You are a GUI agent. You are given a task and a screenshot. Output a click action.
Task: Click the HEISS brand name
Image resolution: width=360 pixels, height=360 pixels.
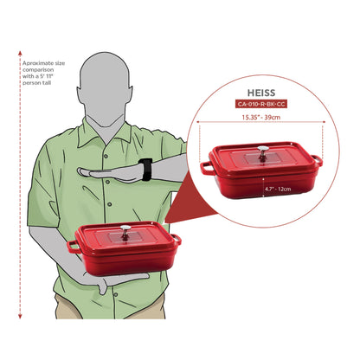pyautogui.click(x=261, y=93)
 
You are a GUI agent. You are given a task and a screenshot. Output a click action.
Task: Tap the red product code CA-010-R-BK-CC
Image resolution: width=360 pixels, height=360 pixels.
pyautogui.click(x=261, y=104)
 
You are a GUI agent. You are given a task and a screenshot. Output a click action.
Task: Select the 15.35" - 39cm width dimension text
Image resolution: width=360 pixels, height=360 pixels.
pyautogui.click(x=261, y=118)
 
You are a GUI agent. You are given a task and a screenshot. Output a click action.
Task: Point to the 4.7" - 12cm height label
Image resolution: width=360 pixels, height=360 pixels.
pyautogui.click(x=278, y=189)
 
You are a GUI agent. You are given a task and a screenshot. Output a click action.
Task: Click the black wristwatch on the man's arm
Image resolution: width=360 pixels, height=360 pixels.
pyautogui.click(x=146, y=170)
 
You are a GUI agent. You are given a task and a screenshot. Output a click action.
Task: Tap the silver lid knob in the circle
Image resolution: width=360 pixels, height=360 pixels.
pyautogui.click(x=263, y=151)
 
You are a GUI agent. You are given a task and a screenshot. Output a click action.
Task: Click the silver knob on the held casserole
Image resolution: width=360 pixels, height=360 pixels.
pyautogui.click(x=125, y=230)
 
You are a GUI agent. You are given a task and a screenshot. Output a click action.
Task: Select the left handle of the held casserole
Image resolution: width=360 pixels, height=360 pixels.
pyautogui.click(x=73, y=247)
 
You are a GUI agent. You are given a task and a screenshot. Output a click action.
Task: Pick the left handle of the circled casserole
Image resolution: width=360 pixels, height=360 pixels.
pyautogui.click(x=206, y=168)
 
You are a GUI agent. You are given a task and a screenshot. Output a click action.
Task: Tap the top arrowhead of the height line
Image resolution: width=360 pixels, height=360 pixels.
pyautogui.click(x=20, y=53)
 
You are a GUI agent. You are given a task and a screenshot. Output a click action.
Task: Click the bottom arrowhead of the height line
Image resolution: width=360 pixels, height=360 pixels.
pyautogui.click(x=20, y=317)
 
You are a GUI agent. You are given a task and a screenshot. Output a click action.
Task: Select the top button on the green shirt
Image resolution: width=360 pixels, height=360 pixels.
pyautogui.click(x=106, y=156)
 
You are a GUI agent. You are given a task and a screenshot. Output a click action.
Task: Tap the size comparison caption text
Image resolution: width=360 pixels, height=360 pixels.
pyautogui.click(x=43, y=73)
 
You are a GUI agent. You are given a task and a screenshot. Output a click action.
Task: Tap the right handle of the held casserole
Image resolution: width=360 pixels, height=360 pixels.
pyautogui.click(x=177, y=239)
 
